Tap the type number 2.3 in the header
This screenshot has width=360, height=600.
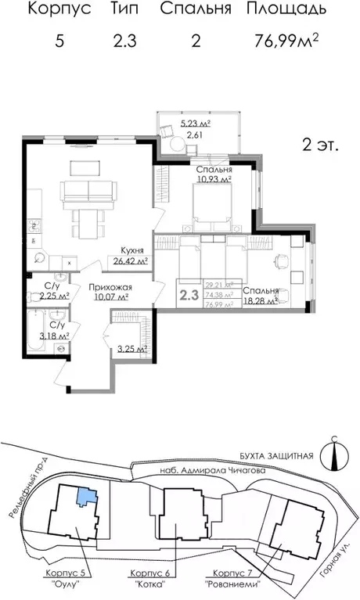(x=123, y=41)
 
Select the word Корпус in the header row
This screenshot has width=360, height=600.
(x=59, y=10)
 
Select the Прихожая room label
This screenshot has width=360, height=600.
(x=110, y=287)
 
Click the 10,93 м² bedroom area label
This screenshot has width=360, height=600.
(x=214, y=179)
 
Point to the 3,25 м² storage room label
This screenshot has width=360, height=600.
(x=132, y=349)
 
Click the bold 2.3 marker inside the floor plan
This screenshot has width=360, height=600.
(x=188, y=295)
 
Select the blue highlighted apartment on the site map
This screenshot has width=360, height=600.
(x=85, y=494)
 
